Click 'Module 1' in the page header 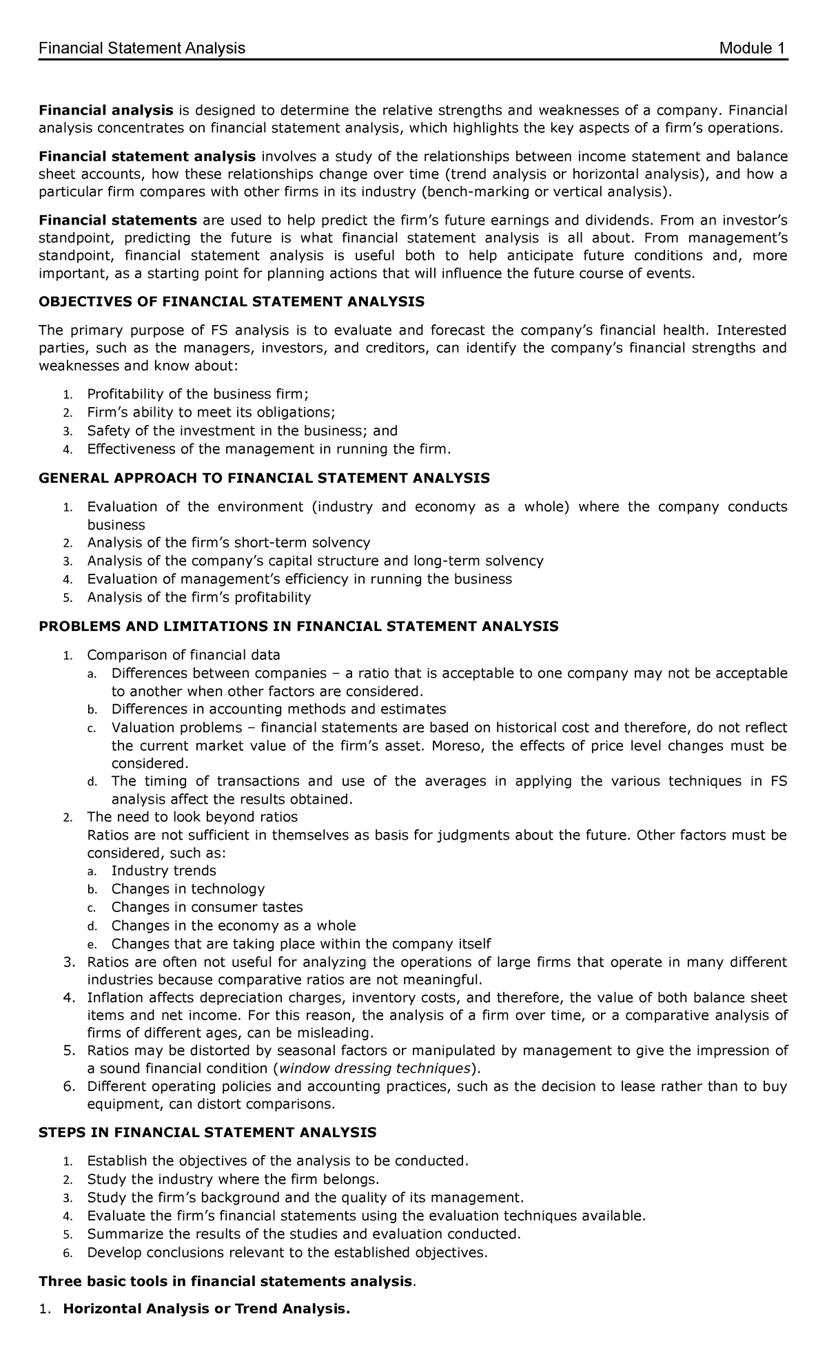tap(752, 48)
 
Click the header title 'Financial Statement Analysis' tap(142, 48)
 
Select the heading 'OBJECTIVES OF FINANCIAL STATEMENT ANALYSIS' tap(232, 302)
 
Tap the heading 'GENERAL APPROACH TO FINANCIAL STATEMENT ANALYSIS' tap(264, 478)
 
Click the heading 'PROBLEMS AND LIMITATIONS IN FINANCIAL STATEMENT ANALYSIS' tap(298, 626)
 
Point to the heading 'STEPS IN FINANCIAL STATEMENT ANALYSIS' tap(207, 1132)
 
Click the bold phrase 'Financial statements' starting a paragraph tap(118, 220)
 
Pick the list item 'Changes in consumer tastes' tap(207, 907)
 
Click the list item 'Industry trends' tap(163, 871)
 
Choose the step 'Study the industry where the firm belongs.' tap(233, 1179)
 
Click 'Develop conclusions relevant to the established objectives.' tap(287, 1252)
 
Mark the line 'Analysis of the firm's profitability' tap(198, 596)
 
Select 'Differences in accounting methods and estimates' tap(278, 709)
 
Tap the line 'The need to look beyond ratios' tap(192, 817)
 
